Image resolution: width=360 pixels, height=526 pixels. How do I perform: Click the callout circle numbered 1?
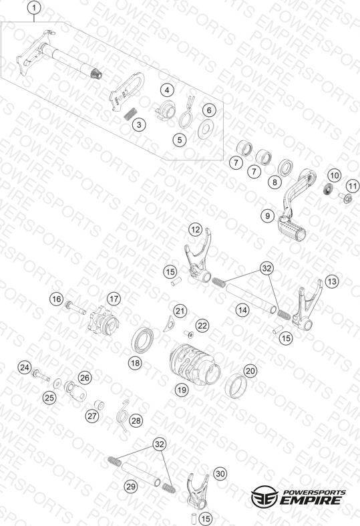click(x=34, y=8)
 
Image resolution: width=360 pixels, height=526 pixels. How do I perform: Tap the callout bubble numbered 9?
click(x=267, y=215)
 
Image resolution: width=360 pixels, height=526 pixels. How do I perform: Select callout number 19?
click(x=182, y=390)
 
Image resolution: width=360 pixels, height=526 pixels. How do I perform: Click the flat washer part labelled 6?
click(x=206, y=128)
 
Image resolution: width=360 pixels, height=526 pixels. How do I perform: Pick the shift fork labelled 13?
click(x=307, y=305)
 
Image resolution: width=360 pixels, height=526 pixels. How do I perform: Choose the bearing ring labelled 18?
click(x=142, y=339)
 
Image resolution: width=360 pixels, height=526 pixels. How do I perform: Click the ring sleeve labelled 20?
click(x=236, y=386)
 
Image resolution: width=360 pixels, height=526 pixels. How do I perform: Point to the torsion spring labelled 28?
click(x=122, y=416)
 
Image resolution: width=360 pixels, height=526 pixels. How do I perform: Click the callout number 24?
click(x=25, y=368)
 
